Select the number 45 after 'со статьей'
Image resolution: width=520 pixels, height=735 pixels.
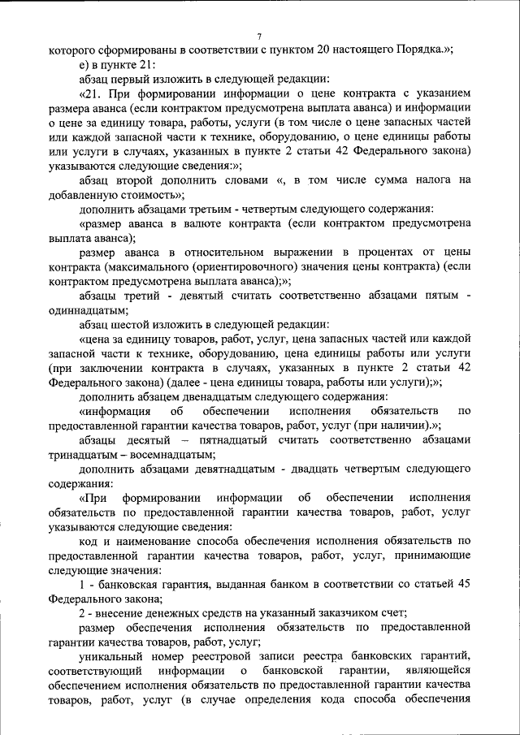462,584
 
